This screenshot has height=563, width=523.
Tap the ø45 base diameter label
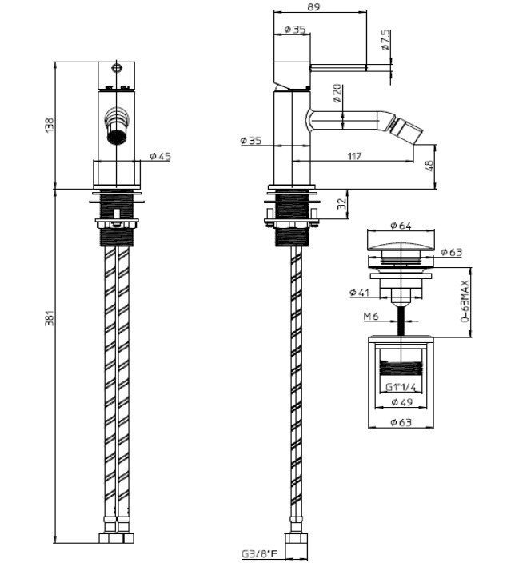click(x=161, y=157)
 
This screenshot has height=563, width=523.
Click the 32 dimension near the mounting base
click(x=342, y=204)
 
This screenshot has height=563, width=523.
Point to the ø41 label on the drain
click(x=359, y=293)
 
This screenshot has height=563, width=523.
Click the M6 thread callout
click(x=370, y=317)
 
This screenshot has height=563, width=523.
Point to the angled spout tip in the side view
click(x=407, y=128)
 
